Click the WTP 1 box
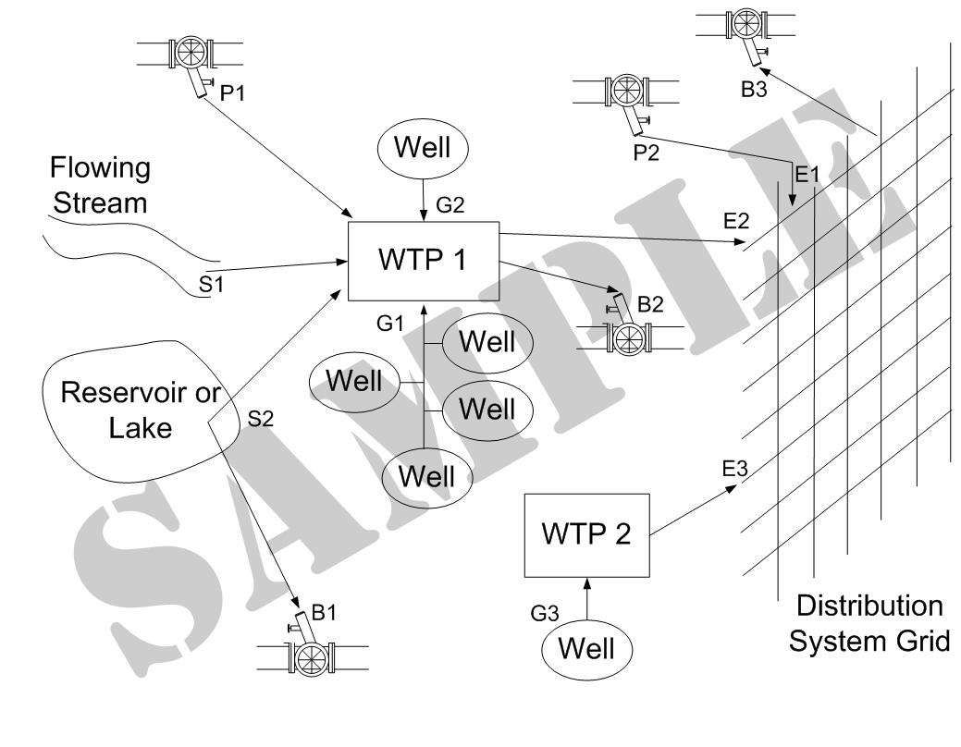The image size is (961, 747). [x=423, y=261]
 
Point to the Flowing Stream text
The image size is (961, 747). [x=100, y=185]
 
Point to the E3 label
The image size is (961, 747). [x=735, y=468]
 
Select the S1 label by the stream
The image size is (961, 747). [x=212, y=284]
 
